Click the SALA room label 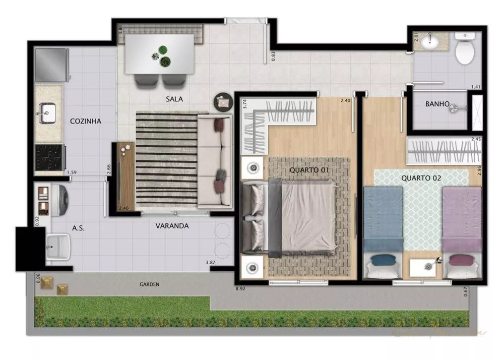tap(174, 99)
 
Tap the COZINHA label tap(86, 122)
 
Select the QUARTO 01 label tap(309, 170)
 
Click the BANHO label tap(437, 105)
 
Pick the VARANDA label tap(172, 226)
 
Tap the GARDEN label tap(150, 284)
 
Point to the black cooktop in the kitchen tap(49, 156)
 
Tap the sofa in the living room tap(215, 161)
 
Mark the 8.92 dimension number tap(240, 288)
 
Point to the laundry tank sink tap(59, 247)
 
